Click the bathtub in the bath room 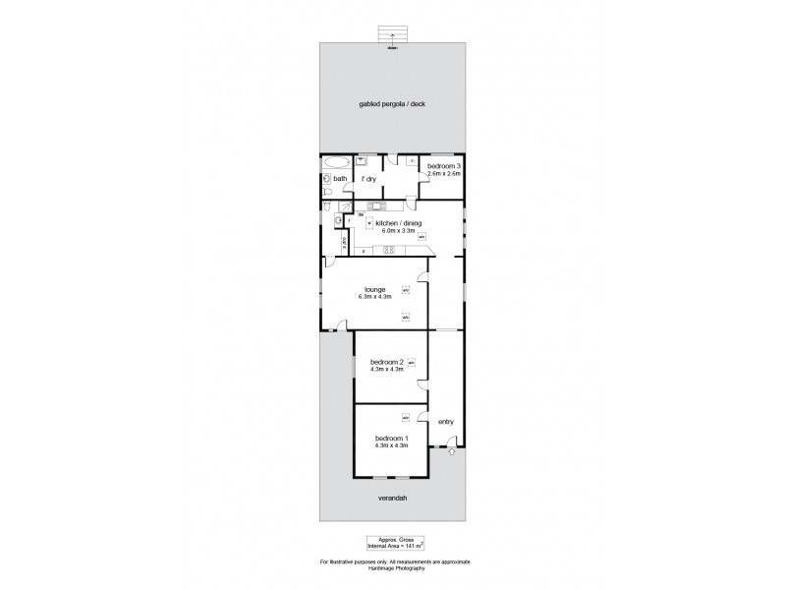click(335, 162)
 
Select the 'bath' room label click(340, 179)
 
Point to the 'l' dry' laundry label click(369, 179)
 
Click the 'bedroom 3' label click(443, 166)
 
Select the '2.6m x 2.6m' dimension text click(443, 174)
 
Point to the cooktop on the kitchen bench click(389, 250)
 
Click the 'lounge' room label click(381, 289)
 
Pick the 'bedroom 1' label click(390, 438)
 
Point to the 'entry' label click(446, 422)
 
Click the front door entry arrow click(451, 452)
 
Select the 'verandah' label click(392, 499)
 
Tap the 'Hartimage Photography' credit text click(395, 566)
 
